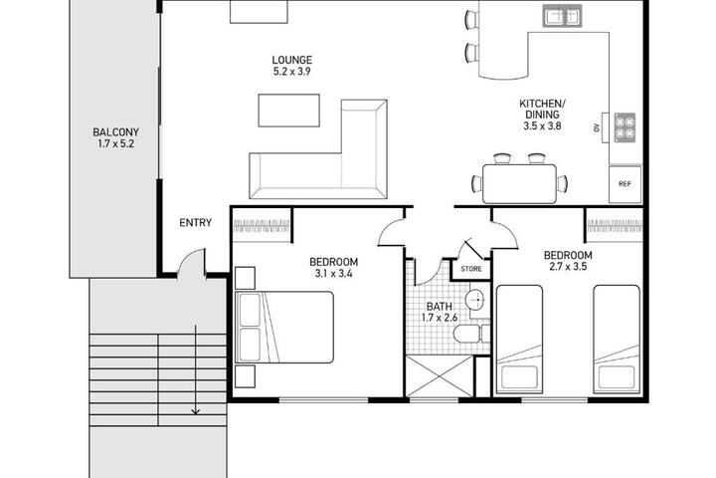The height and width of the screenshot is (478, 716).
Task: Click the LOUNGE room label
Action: click(x=292, y=60)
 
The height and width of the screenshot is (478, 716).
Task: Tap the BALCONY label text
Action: click(x=115, y=132)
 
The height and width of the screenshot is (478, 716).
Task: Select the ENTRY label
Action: click(x=196, y=223)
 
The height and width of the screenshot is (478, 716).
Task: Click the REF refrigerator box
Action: click(x=625, y=184)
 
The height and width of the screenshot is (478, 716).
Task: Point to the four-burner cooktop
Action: click(x=625, y=126)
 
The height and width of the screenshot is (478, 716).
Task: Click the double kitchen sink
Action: click(x=562, y=17)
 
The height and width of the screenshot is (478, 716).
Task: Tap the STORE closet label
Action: click(x=471, y=269)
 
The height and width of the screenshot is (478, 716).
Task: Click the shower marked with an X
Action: click(x=440, y=376)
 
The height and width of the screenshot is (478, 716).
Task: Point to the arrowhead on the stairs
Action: click(x=196, y=410)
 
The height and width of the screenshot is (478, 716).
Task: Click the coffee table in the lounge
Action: click(x=289, y=111)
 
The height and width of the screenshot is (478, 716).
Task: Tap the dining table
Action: click(x=520, y=184)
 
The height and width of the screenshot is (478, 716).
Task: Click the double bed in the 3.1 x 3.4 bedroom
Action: click(x=284, y=327)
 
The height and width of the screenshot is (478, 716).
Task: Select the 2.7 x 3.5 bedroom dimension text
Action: click(x=568, y=267)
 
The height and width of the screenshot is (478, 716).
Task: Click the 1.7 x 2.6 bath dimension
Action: click(x=440, y=318)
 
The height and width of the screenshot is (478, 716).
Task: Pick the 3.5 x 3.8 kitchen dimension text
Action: click(x=542, y=125)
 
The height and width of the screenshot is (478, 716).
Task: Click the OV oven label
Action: click(x=596, y=128)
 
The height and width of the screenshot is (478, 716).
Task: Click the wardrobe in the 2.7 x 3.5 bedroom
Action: click(x=615, y=225)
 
